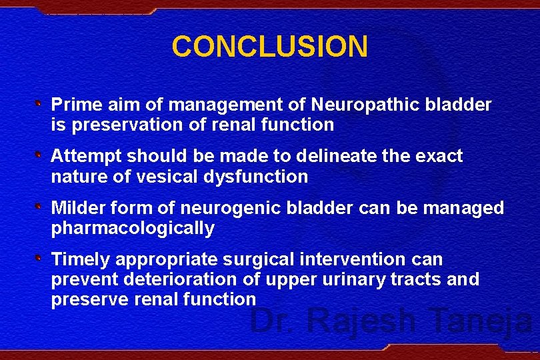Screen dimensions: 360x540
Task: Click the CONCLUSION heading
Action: pos(269,47)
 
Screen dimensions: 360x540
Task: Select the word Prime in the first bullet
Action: pos(75,105)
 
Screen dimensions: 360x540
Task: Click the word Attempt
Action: pos(86,156)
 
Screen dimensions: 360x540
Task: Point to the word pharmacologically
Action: pos(133,229)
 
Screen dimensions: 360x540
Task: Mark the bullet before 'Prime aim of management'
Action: pos(39,104)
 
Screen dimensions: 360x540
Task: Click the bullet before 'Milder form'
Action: pos(39,207)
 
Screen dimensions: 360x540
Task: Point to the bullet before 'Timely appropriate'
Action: pos(39,259)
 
